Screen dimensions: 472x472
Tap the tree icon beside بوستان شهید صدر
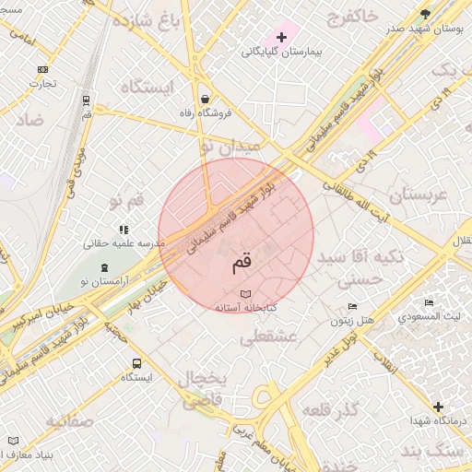pos(425,14)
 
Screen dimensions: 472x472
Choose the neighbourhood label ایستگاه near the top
pos(146,87)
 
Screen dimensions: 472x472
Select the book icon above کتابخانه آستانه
pos(244,294)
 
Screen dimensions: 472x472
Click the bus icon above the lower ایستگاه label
pos(136,363)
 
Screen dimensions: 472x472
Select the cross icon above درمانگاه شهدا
pos(438,407)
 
